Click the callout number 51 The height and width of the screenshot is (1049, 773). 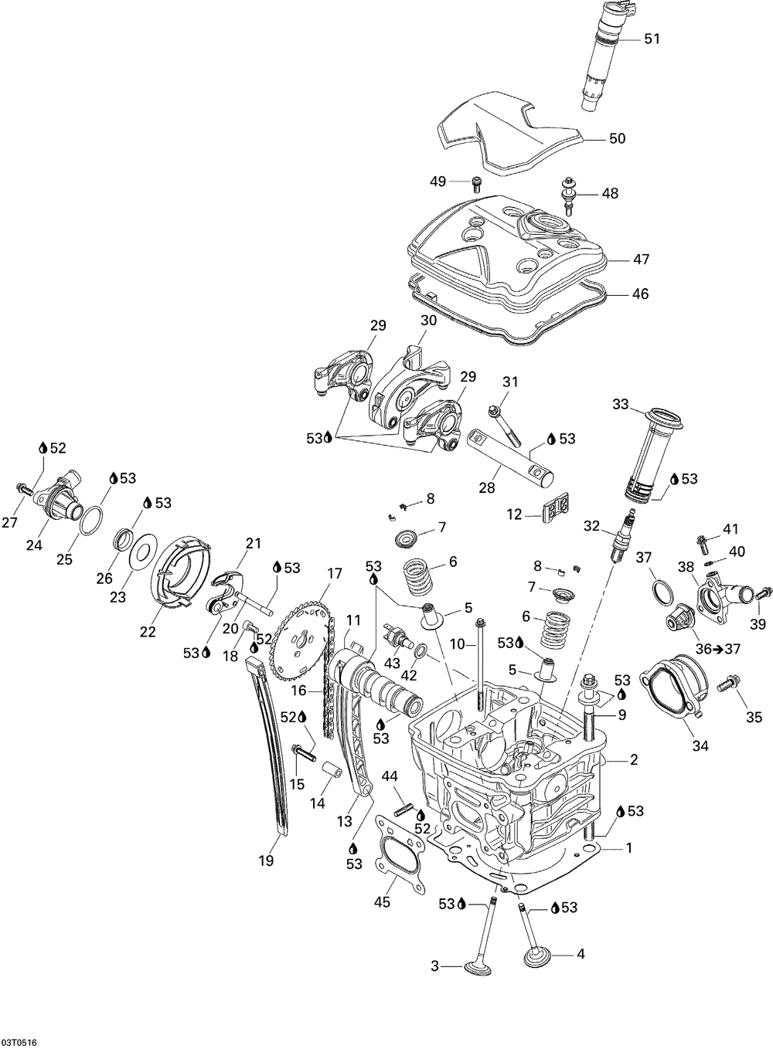pyautogui.click(x=652, y=39)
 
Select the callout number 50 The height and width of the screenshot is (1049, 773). pyautogui.click(x=618, y=138)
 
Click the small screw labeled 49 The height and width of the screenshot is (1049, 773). pyautogui.click(x=477, y=184)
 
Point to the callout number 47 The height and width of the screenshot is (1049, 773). pyautogui.click(x=642, y=259)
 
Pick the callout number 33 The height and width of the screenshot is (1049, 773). pyautogui.click(x=620, y=404)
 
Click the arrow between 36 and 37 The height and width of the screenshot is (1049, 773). pyautogui.click(x=718, y=649)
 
